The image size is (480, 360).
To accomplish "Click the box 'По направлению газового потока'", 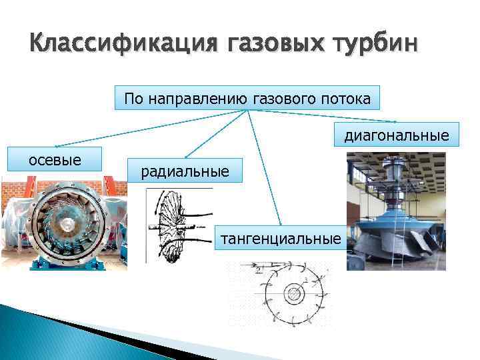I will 247,98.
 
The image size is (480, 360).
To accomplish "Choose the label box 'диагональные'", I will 396,135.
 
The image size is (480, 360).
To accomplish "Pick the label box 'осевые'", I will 54,159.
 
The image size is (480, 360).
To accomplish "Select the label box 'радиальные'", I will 185,171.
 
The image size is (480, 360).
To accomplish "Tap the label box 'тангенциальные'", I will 281,238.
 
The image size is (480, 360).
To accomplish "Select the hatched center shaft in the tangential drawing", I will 291,294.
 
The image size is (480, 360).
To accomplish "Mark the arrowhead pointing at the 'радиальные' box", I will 185,157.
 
